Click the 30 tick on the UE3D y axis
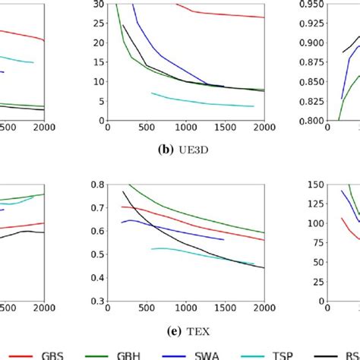(99, 5)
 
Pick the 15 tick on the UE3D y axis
(99, 62)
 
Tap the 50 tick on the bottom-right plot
(308, 262)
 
